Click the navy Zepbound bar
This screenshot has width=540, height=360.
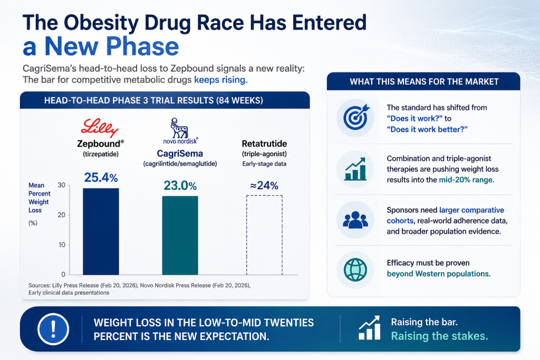click(x=101, y=231)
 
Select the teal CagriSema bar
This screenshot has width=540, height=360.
click(x=180, y=236)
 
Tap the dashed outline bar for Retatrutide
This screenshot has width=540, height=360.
click(x=264, y=235)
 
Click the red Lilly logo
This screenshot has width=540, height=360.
click(x=100, y=128)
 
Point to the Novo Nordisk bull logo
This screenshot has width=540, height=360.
click(x=179, y=128)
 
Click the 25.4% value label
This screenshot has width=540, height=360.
click(x=101, y=178)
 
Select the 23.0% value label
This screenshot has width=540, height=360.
click(x=180, y=186)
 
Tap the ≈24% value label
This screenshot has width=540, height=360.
click(x=264, y=186)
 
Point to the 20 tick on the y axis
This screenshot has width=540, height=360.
click(x=62, y=215)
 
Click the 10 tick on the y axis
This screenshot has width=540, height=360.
click(x=62, y=245)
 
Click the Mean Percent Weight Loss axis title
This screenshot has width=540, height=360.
click(x=39, y=198)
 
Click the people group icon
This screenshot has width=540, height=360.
click(x=355, y=220)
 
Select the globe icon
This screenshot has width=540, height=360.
click(x=355, y=269)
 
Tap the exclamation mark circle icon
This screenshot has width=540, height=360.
click(x=53, y=329)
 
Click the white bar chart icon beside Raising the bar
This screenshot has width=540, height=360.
click(x=369, y=328)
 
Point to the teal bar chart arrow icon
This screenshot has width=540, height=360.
click(x=355, y=169)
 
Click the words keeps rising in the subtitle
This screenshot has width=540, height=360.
click(x=221, y=80)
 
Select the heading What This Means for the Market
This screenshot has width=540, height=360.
click(x=424, y=82)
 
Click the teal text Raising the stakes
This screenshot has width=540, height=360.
click(x=439, y=336)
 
